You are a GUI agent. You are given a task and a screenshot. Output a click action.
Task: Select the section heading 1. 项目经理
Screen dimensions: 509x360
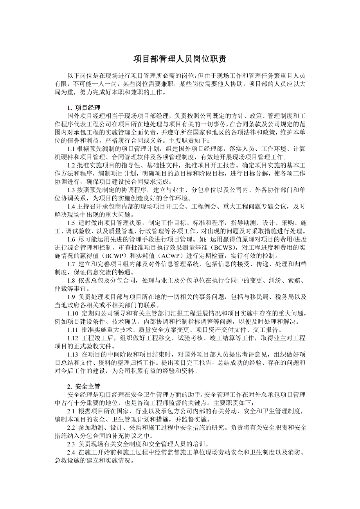84,108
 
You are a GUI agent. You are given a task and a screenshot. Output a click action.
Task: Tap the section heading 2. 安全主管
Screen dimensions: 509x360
84,386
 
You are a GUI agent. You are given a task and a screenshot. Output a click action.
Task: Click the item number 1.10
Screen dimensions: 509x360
73,315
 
